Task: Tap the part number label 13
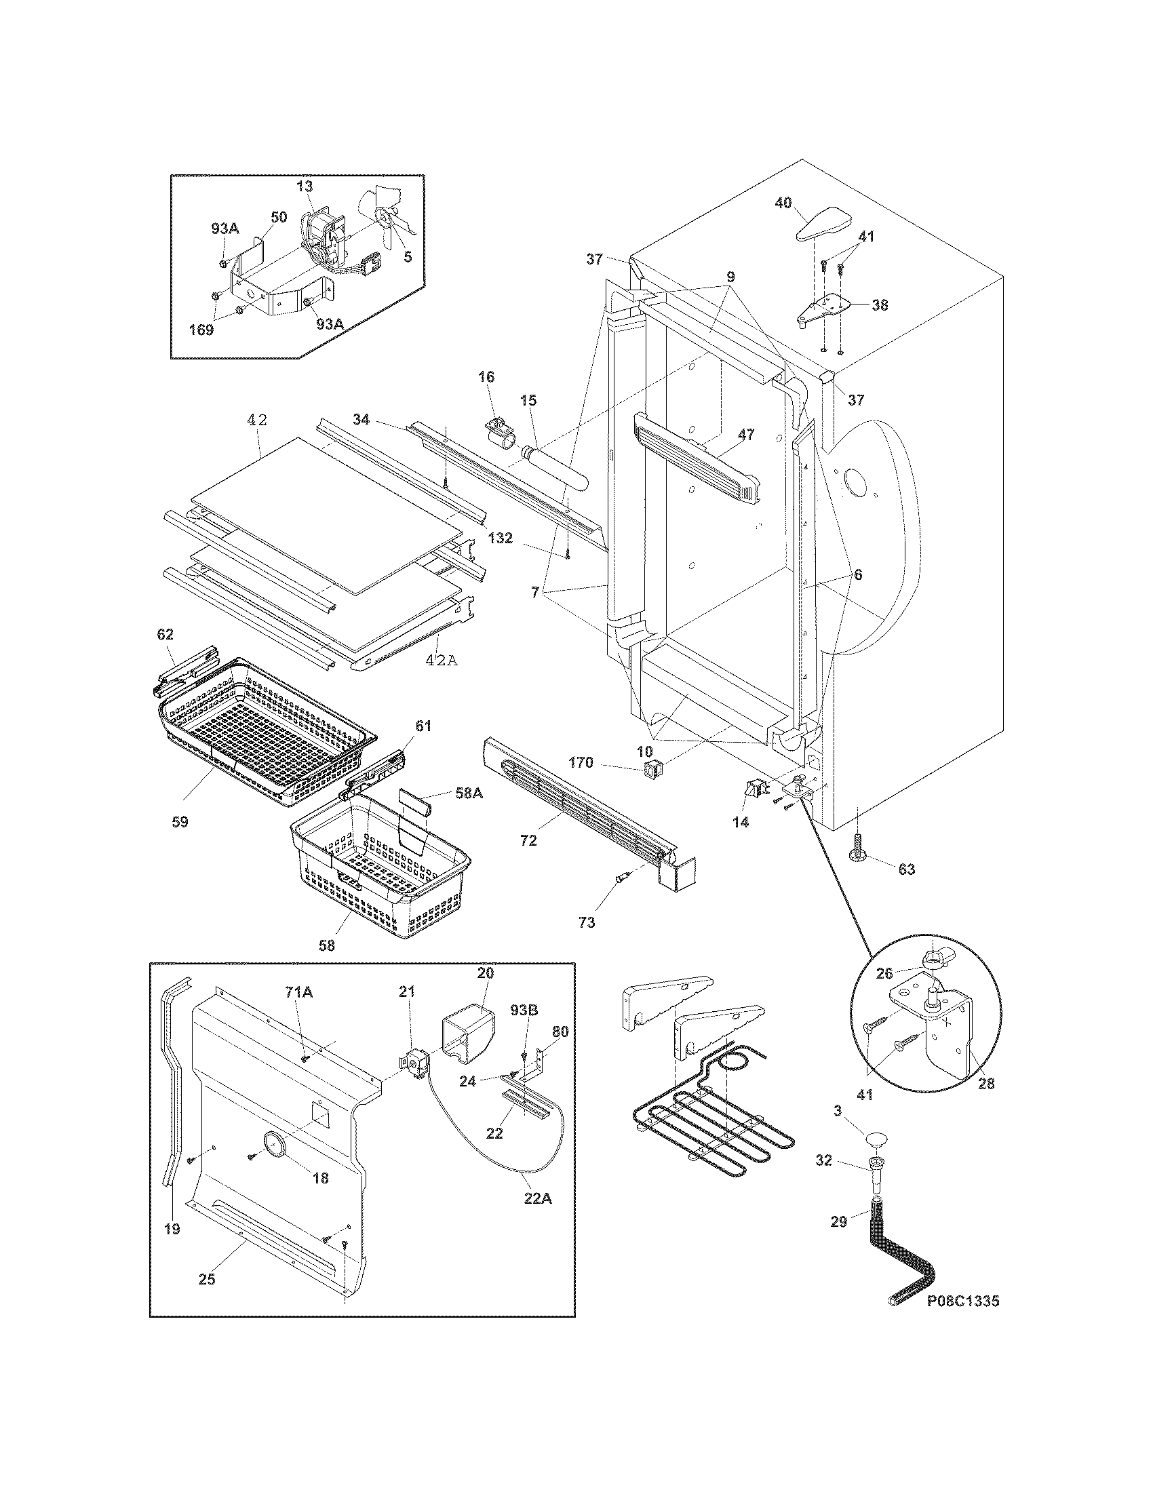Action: (305, 186)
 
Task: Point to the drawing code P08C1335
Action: (962, 1301)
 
